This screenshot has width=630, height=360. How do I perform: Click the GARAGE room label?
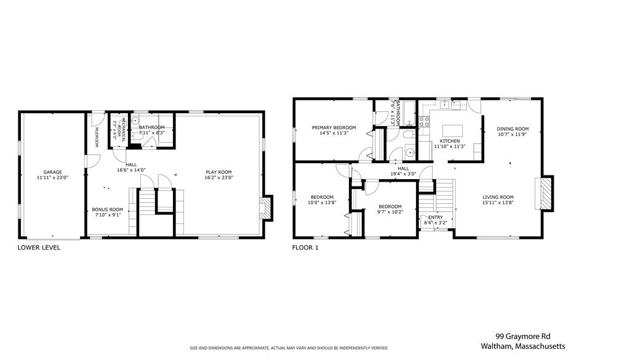click(x=52, y=172)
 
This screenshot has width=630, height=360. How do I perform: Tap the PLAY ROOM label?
click(x=218, y=172)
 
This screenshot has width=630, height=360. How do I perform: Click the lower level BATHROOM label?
click(x=151, y=127)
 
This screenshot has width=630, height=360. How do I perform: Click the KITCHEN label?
click(x=449, y=141)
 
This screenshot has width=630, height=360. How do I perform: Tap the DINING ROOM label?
click(x=512, y=129)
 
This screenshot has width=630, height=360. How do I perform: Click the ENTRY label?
click(x=435, y=217)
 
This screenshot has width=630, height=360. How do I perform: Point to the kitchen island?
click(x=452, y=130)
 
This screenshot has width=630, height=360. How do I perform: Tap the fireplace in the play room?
click(x=265, y=207)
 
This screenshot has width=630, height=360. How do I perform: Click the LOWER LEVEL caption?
click(x=39, y=248)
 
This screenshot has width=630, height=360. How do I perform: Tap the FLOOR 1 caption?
click(x=306, y=248)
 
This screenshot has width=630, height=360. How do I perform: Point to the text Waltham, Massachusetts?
click(x=530, y=346)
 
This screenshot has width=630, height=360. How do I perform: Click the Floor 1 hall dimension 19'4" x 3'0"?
click(x=403, y=174)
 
